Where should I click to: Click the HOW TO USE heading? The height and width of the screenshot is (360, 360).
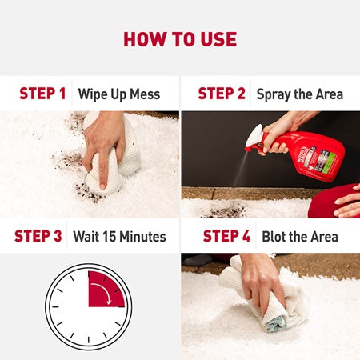[180, 39]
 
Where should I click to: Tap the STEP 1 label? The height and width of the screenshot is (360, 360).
[42, 94]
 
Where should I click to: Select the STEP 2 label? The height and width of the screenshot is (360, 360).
[222, 94]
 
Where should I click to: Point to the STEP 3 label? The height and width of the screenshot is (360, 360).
[38, 236]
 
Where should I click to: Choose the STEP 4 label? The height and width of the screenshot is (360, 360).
[226, 236]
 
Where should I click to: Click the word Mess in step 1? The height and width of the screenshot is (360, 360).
[145, 94]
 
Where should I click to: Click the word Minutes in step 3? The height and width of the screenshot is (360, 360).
[142, 237]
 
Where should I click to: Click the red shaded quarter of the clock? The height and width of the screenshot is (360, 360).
[104, 290]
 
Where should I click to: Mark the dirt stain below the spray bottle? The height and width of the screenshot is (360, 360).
[226, 210]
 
